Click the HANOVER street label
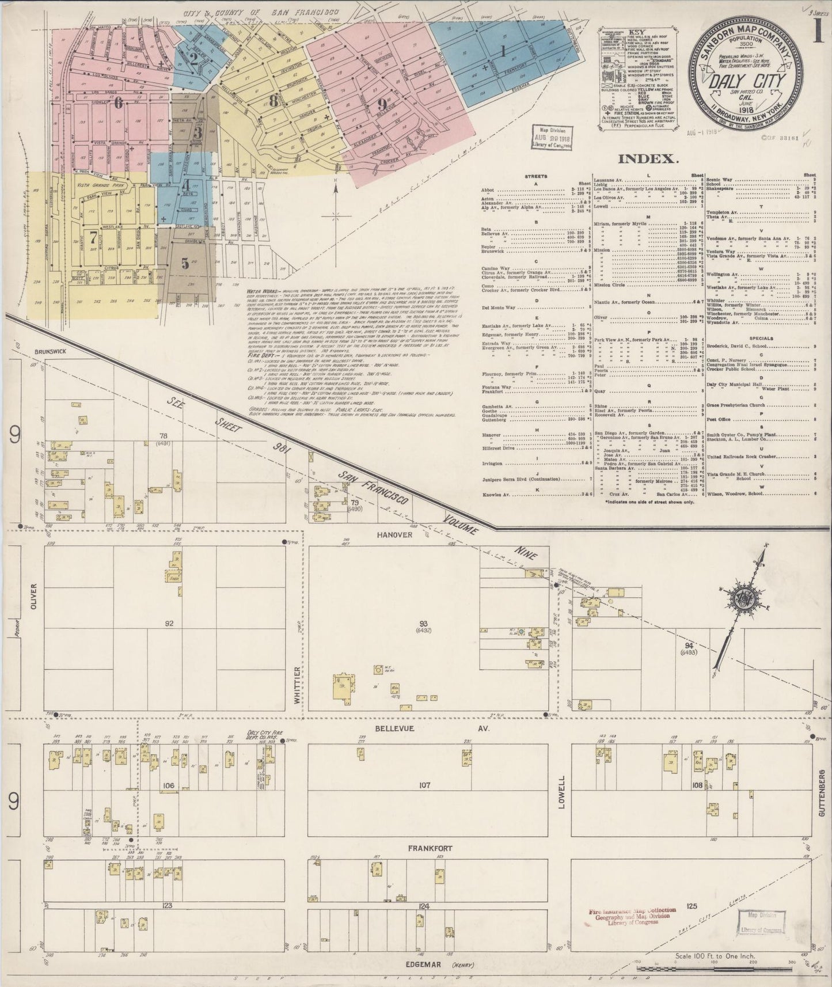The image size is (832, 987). point(393,534)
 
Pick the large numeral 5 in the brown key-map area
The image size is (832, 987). point(185,263)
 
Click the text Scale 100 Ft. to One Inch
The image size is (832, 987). point(715,956)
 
